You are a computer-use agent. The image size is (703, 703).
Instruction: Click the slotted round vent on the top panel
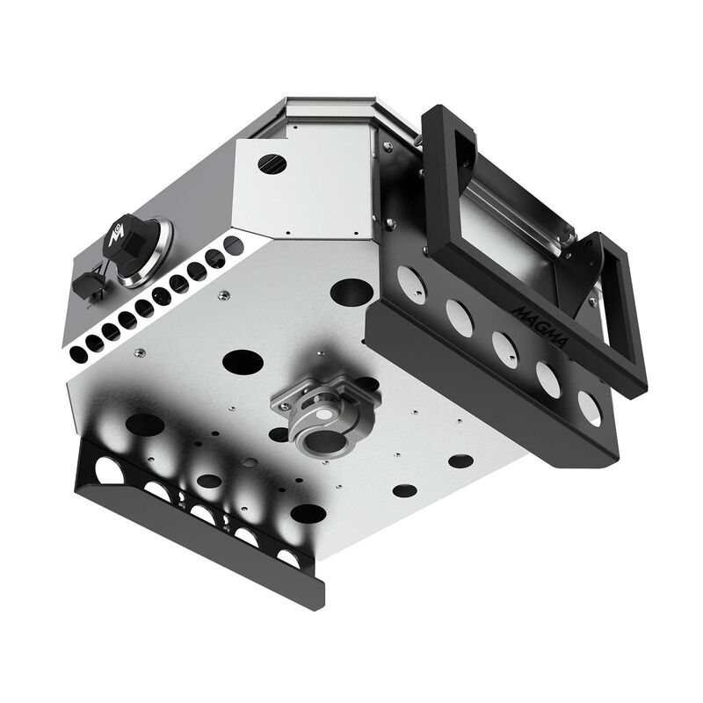tap(273, 163)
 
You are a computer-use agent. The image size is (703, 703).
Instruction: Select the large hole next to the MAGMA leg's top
tap(352, 289)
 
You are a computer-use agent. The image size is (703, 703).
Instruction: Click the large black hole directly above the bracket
tap(243, 360)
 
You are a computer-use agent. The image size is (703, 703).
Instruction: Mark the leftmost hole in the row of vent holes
tap(77, 352)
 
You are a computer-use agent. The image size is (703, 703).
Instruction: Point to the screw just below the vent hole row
tap(138, 353)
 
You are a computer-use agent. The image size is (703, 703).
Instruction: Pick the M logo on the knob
tap(118, 235)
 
